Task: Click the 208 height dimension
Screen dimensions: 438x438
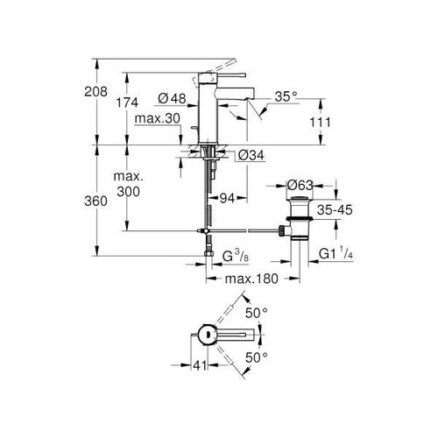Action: (95, 92)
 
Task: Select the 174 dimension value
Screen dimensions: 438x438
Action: (127, 102)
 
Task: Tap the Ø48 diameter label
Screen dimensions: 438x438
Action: (172, 98)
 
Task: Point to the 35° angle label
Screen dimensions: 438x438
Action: (286, 96)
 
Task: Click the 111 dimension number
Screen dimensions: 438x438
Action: (321, 123)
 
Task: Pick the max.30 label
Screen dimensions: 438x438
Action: (158, 118)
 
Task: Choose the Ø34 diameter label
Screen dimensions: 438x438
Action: (251, 155)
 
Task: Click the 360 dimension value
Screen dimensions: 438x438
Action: (95, 201)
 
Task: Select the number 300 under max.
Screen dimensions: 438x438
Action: (129, 192)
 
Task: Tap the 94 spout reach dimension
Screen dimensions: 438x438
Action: (227, 199)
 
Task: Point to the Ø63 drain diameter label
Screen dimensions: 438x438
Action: (300, 185)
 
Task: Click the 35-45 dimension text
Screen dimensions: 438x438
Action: (335, 209)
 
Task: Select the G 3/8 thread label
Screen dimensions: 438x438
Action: (236, 257)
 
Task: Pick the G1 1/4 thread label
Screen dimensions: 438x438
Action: (336, 253)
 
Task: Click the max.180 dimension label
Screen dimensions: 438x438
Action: (251, 279)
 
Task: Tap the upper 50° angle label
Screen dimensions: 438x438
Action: (256, 314)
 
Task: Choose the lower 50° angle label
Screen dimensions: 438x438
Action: (256, 357)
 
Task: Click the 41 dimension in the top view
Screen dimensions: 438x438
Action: (200, 365)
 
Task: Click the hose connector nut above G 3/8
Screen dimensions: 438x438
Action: (208, 253)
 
